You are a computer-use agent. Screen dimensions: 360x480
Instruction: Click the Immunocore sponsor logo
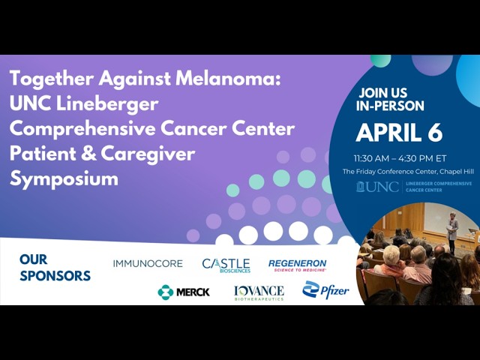[x=148, y=264]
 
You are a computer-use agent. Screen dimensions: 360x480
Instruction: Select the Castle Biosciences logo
[x=226, y=265]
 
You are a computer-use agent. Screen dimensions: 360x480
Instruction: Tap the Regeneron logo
[x=298, y=265]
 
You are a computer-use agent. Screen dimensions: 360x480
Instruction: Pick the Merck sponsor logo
[x=184, y=292]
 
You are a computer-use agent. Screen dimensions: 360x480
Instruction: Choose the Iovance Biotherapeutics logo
[x=259, y=292]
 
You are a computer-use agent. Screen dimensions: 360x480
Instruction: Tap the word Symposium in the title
[x=64, y=178]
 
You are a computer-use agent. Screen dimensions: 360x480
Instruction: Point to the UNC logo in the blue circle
[x=378, y=186]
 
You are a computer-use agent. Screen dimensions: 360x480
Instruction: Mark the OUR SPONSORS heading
[x=55, y=267]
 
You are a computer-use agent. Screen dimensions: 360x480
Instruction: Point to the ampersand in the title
[x=77, y=154]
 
